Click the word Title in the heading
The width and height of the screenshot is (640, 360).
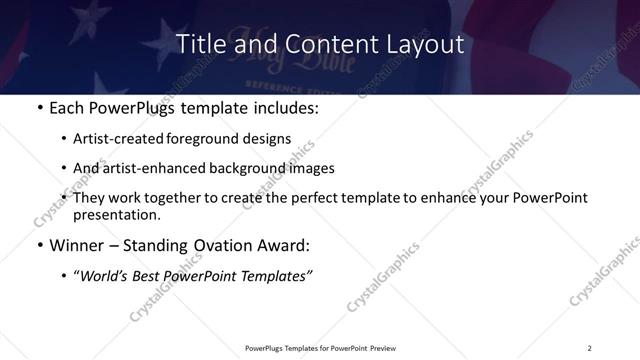pyautogui.click(x=198, y=45)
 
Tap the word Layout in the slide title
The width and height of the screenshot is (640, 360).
pyautogui.click(x=424, y=45)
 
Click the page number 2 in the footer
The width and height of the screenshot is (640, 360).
pyautogui.click(x=590, y=347)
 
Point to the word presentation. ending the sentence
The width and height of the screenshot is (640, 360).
pyautogui.click(x=116, y=214)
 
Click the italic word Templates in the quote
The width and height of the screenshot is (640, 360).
pyautogui.click(x=276, y=275)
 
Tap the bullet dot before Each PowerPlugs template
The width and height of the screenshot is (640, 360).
pyautogui.click(x=40, y=108)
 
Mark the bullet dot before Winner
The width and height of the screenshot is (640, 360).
pyautogui.click(x=40, y=245)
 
